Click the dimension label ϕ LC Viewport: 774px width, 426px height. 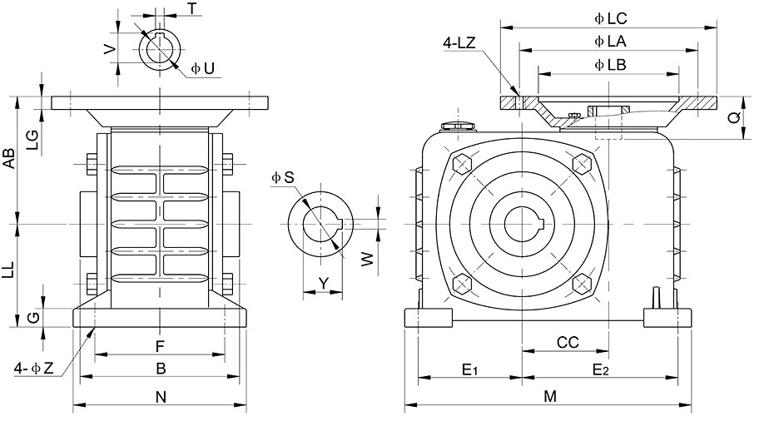pyautogui.click(x=611, y=19)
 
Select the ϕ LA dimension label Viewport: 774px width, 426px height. pyautogui.click(x=610, y=42)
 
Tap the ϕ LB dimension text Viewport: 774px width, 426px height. pyautogui.click(x=610, y=65)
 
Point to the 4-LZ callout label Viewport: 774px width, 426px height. pyautogui.click(x=459, y=43)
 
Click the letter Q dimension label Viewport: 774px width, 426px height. pyautogui.click(x=735, y=117)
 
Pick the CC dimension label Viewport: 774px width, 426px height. pyautogui.click(x=568, y=343)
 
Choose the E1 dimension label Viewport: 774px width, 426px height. pyautogui.click(x=469, y=369)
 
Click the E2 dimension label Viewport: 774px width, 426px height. pyautogui.click(x=600, y=369)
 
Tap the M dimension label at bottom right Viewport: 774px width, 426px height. pyautogui.click(x=550, y=396)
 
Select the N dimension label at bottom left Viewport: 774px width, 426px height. pyautogui.click(x=161, y=397)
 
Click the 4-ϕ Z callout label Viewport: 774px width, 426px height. pyautogui.click(x=33, y=369)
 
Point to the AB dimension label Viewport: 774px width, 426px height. pyautogui.click(x=9, y=158)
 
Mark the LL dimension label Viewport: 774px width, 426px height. pyautogui.click(x=9, y=270)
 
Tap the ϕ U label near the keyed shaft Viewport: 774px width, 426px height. pyautogui.click(x=203, y=68)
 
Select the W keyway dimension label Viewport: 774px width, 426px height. pyautogui.click(x=368, y=259)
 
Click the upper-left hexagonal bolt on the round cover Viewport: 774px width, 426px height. pyautogui.click(x=462, y=163)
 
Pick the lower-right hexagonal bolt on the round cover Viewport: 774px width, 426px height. pyautogui.click(x=582, y=284)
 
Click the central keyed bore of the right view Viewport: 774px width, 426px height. pyautogui.click(x=523, y=224)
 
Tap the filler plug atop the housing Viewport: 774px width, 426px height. pyautogui.click(x=459, y=126)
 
